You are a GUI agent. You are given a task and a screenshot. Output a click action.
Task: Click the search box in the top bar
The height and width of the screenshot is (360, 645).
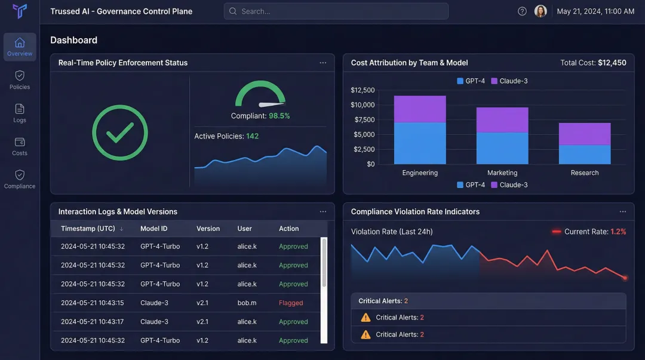point(336,11)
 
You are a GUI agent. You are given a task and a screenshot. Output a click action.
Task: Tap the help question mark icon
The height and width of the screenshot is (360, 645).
point(522,11)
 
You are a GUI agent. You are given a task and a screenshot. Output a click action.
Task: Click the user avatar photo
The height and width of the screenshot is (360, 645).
point(540,11)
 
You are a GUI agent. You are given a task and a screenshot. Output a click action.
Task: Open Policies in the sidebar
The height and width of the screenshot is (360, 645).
point(20,80)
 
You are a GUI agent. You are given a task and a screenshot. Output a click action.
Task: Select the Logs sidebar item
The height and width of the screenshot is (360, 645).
point(20,113)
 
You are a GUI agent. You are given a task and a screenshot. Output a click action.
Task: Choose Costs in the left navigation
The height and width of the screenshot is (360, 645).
point(20,146)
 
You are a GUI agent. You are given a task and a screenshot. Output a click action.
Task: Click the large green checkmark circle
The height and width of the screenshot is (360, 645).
point(120,133)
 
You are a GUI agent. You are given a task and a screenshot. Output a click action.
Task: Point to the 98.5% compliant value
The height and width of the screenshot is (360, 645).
point(279,116)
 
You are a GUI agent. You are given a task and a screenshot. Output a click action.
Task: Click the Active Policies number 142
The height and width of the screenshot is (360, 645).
point(252,136)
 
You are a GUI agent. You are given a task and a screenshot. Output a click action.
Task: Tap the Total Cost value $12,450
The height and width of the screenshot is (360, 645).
point(612,63)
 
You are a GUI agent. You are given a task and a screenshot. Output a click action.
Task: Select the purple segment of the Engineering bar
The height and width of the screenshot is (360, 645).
point(420,109)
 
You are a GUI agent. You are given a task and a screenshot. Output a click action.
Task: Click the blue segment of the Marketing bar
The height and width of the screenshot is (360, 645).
point(502,148)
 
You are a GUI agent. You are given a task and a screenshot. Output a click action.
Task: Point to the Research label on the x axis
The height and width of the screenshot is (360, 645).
point(584,173)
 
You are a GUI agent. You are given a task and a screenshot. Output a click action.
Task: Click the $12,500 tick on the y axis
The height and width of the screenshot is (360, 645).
point(363,90)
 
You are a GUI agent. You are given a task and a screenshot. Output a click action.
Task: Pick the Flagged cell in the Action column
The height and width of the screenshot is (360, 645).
point(291,303)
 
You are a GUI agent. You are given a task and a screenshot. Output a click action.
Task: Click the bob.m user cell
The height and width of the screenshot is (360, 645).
point(247,303)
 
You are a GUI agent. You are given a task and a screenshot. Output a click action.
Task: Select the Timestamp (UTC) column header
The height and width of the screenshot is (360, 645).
point(88,229)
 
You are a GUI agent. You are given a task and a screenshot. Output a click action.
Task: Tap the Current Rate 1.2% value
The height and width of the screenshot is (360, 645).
point(618,232)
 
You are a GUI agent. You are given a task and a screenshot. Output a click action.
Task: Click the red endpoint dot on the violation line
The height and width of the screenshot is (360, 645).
point(625,278)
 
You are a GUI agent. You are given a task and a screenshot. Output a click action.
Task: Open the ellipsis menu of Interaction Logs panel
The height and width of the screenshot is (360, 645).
point(323,211)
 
